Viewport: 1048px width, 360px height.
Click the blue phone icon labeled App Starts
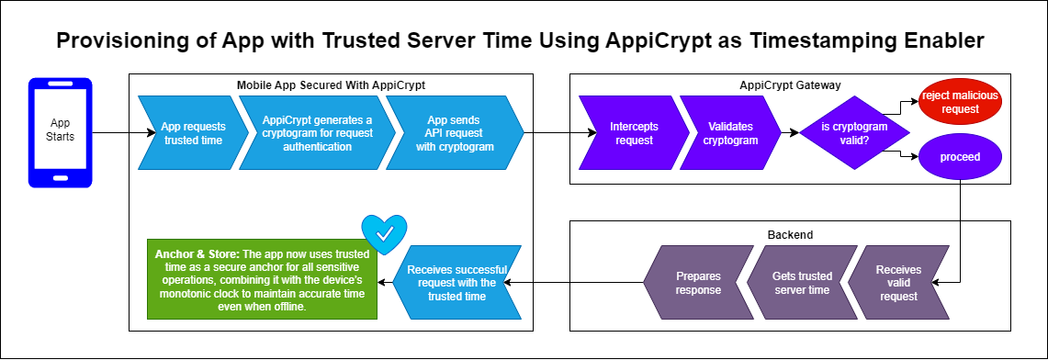[60, 133]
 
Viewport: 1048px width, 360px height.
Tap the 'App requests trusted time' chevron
[188, 133]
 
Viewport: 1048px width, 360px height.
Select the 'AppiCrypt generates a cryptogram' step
[313, 133]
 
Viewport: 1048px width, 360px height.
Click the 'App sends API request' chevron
[455, 133]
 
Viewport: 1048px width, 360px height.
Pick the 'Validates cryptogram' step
[730, 133]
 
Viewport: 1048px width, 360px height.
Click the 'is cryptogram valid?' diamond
[854, 133]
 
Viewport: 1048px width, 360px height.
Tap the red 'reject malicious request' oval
[961, 103]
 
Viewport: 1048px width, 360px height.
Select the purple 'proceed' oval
[961, 158]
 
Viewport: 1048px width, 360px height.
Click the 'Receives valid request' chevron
[899, 283]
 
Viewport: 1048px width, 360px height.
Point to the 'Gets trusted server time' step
[801, 283]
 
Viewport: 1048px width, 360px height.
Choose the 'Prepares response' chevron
[698, 283]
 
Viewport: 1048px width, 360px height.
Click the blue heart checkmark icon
[384, 234]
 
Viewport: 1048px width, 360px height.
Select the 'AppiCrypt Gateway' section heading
[789, 85]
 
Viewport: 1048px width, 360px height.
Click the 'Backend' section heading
[789, 235]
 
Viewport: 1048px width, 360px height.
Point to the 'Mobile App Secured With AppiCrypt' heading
[331, 85]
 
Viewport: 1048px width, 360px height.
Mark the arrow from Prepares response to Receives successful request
[573, 283]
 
